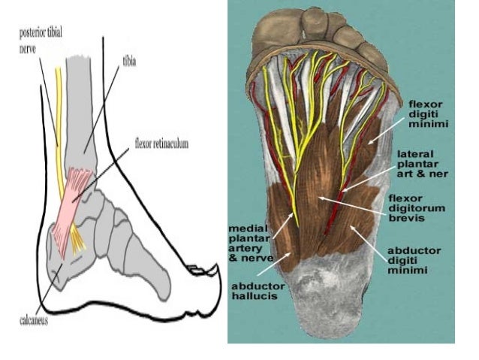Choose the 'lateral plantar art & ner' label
click(423, 163)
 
